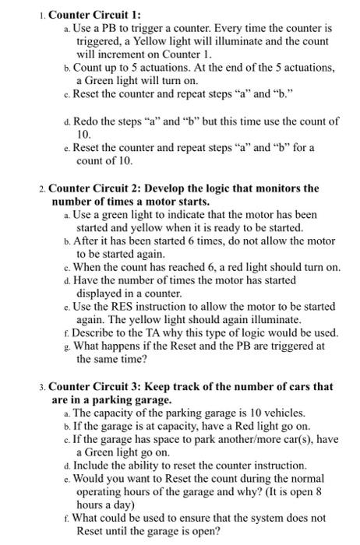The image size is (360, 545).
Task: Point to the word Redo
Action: click(x=88, y=122)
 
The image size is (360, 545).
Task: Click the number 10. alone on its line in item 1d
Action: click(x=85, y=135)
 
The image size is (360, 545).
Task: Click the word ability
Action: click(x=141, y=466)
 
